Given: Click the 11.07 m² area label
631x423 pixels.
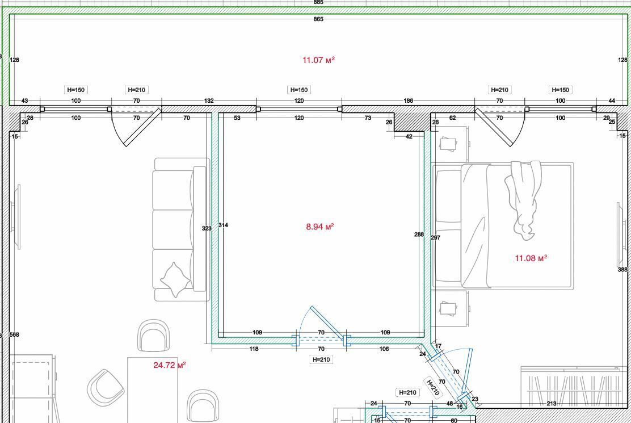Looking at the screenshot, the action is [x=318, y=60].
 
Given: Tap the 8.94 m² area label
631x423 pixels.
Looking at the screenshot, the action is [x=320, y=227].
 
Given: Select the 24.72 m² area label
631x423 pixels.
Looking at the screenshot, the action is [x=170, y=365].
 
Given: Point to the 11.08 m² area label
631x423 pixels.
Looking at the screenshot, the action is [x=531, y=258].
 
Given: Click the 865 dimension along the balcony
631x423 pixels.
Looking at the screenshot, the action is [x=318, y=19].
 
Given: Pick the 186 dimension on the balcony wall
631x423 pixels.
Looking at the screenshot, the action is [x=408, y=100].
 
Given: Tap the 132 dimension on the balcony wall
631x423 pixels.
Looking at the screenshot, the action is [x=209, y=100].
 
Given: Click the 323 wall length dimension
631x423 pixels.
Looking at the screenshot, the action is [x=207, y=228].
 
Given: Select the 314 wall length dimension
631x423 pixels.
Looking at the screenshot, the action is [x=224, y=225].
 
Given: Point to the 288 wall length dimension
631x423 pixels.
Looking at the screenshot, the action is [x=419, y=234].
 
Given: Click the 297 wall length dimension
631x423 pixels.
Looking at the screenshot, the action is [x=435, y=237].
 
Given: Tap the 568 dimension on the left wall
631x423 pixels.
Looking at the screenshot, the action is [x=14, y=334].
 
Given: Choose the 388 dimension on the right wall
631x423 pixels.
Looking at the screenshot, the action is [x=622, y=270].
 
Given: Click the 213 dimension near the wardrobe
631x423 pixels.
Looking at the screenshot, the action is [x=552, y=403].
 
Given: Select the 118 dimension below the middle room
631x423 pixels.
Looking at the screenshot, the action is [x=254, y=349].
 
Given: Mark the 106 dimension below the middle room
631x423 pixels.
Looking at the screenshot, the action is [x=384, y=349].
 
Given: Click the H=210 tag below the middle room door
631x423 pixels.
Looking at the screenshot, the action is [x=321, y=359].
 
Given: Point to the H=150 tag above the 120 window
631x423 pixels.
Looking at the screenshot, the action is [x=299, y=90].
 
